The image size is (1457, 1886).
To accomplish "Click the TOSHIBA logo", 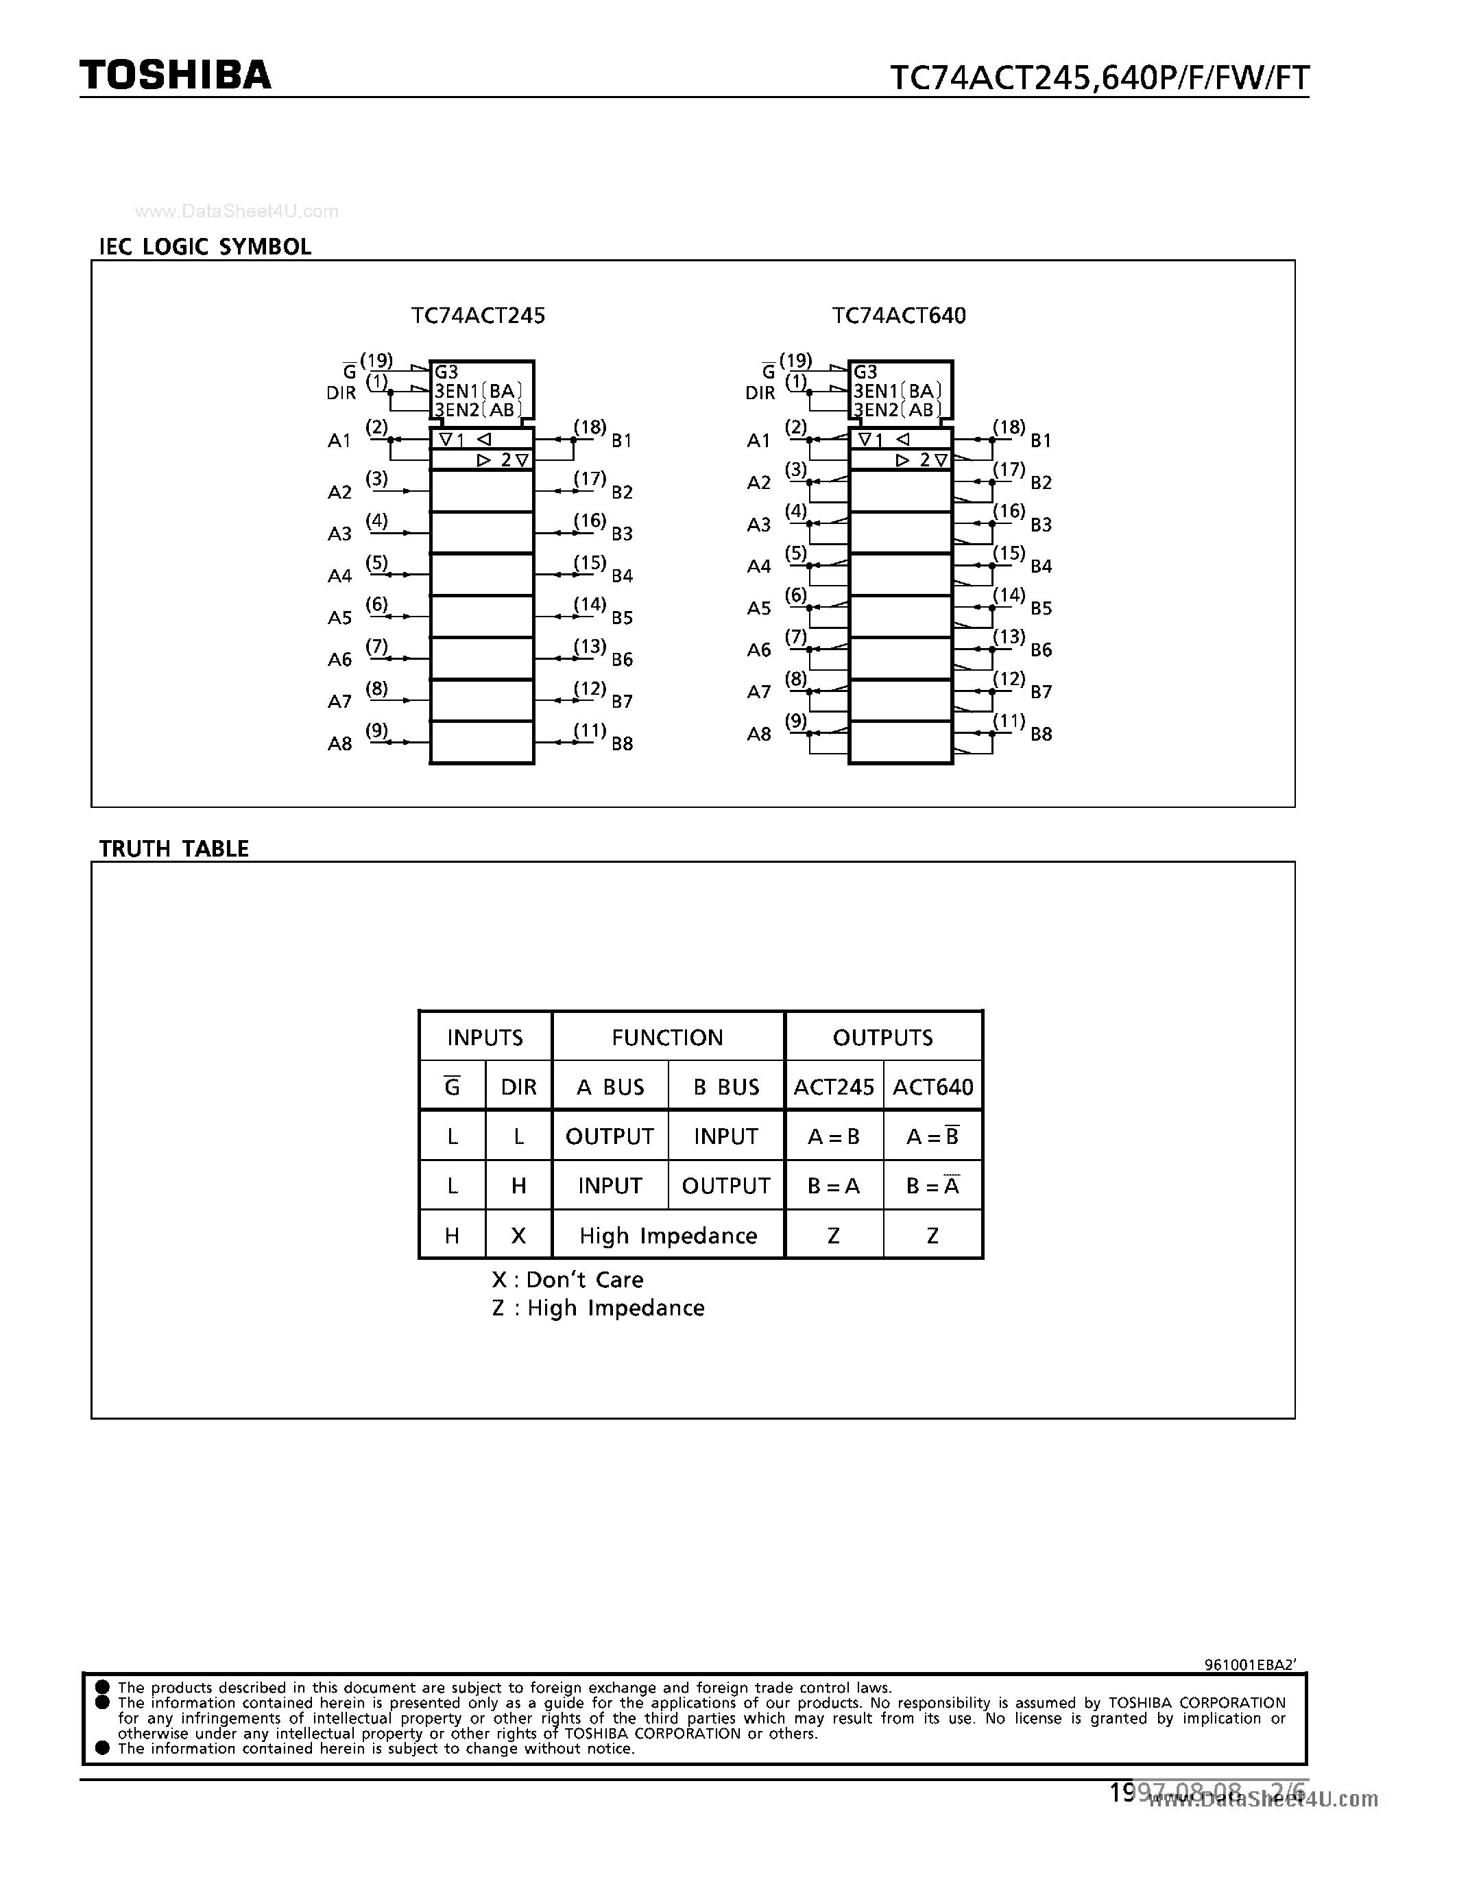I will click(176, 76).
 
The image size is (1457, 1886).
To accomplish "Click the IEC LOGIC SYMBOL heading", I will click(206, 247).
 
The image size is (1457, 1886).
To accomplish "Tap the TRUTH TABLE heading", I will click(173, 849).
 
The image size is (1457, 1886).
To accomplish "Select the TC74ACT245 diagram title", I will click(478, 316).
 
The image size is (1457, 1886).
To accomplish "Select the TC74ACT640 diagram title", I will click(899, 316).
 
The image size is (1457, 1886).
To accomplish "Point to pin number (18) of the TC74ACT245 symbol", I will click(590, 427).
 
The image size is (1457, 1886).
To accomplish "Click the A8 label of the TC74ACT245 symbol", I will click(339, 743).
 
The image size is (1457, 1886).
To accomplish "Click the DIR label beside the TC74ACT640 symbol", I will click(760, 393).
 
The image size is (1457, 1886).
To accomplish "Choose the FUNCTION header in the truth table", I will click(667, 1037).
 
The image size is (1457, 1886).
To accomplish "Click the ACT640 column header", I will click(932, 1086).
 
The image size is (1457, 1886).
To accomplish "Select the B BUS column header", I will click(726, 1086).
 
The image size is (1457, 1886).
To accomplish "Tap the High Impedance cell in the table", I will click(668, 1236).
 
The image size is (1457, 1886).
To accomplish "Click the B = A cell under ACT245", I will click(833, 1186).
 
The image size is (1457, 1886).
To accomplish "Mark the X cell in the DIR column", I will click(518, 1236).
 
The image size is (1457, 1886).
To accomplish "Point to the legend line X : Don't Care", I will click(567, 1280).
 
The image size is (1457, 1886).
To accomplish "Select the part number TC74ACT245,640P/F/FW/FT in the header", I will click(1099, 79).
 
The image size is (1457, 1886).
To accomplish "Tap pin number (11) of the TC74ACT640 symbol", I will click(1009, 721).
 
